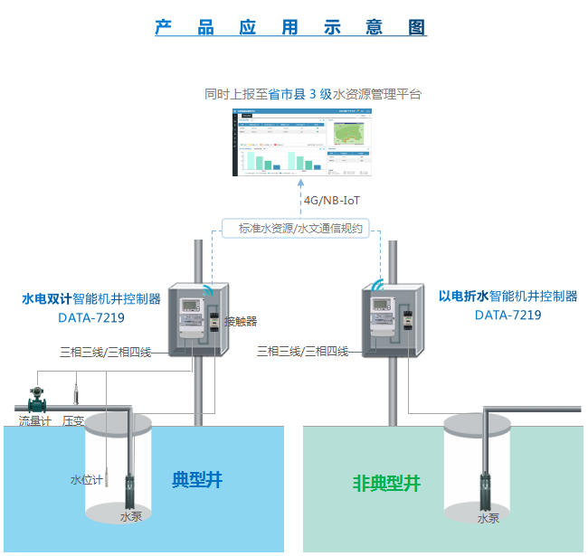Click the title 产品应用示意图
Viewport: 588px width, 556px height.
click(x=290, y=27)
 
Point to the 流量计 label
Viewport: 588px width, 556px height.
click(x=35, y=420)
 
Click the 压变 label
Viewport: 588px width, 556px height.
click(x=73, y=420)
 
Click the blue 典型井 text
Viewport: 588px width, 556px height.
click(x=197, y=479)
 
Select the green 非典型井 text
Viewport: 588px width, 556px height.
click(x=386, y=483)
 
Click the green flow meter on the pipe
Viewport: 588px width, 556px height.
click(x=38, y=399)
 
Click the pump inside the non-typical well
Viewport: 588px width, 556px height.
click(x=488, y=493)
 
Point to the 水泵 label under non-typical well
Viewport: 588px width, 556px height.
click(x=488, y=518)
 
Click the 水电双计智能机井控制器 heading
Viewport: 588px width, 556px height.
click(x=91, y=298)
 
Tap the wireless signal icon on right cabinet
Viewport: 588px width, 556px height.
click(x=375, y=278)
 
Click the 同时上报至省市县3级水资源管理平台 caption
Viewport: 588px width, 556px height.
click(x=313, y=94)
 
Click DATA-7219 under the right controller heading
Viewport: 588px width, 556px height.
click(x=507, y=316)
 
